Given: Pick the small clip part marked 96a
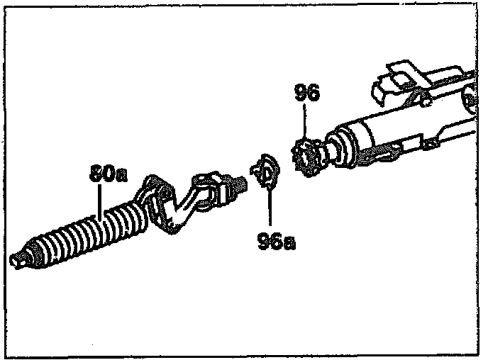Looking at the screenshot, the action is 265,172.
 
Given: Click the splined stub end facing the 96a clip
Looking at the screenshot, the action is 239,184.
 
